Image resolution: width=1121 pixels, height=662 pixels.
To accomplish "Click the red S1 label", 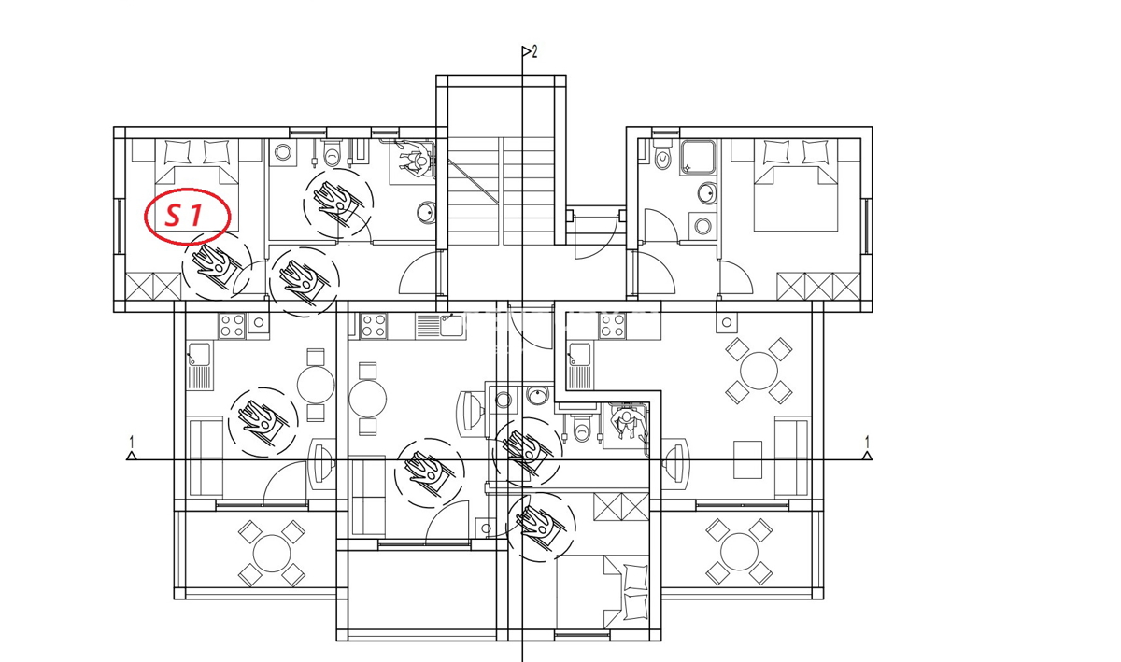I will click(x=186, y=217).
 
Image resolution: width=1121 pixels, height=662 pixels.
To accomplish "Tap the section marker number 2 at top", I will click(x=534, y=51).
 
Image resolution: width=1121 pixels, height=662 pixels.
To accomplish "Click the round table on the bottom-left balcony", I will click(x=271, y=552).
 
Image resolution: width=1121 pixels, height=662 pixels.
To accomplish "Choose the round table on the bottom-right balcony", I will click(x=738, y=551).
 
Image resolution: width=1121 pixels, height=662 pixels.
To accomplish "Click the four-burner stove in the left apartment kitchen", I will click(x=231, y=326).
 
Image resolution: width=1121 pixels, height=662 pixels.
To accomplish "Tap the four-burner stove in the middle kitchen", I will click(x=374, y=326).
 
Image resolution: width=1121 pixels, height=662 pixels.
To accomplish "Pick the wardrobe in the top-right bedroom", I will click(x=817, y=286).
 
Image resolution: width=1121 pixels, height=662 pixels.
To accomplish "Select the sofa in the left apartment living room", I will click(x=205, y=458).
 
